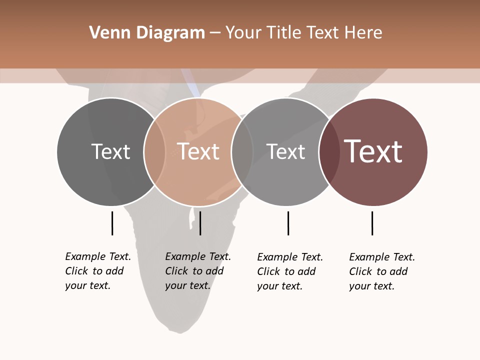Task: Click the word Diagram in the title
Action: click(170, 33)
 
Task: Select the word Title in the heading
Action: click(284, 33)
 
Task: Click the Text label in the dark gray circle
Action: click(110, 151)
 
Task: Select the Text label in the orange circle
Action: click(198, 151)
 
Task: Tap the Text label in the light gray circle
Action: click(285, 151)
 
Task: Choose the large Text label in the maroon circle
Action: click(373, 151)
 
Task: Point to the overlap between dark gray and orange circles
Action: click(154, 152)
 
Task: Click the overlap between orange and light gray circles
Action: click(242, 152)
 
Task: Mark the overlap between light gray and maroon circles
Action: click(329, 152)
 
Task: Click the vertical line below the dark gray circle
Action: click(112, 223)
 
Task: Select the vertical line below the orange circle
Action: click(200, 223)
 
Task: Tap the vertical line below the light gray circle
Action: click(288, 223)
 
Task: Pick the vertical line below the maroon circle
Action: click(372, 223)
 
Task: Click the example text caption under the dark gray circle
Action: click(98, 271)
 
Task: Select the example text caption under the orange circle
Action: click(198, 271)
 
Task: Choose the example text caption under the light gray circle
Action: click(290, 271)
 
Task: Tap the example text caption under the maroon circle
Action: click(382, 271)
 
